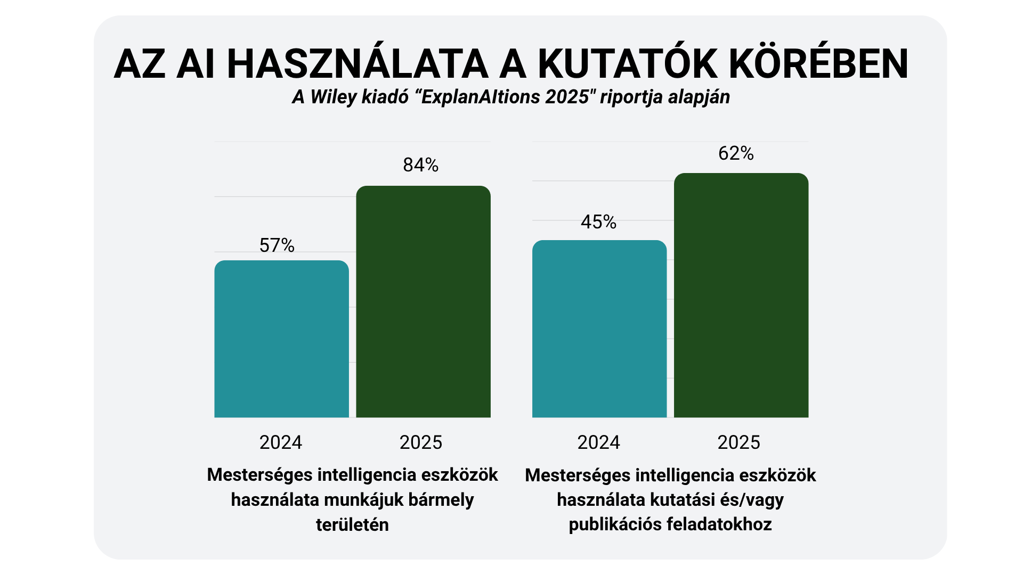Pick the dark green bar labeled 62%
tap(741, 295)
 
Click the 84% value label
tap(420, 165)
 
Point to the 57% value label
tap(277, 245)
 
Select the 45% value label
tap(598, 222)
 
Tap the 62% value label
tap(736, 153)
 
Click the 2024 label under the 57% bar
tap(280, 442)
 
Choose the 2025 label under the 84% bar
tap(420, 442)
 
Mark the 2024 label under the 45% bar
tap(598, 442)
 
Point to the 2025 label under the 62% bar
tap(738, 442)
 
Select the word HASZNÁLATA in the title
tap(358, 64)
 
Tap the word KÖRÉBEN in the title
tap(818, 64)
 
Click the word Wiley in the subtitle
tap(334, 97)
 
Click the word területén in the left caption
tap(352, 525)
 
